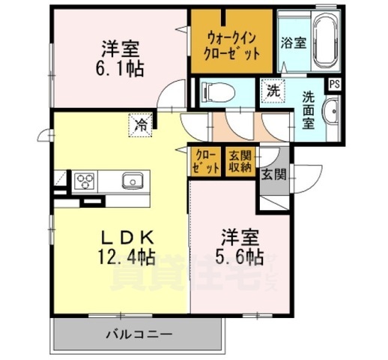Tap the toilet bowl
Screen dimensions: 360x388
(221, 93)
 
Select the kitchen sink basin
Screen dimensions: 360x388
(133, 180)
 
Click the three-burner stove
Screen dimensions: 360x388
(84, 181)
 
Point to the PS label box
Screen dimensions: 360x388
(334, 84)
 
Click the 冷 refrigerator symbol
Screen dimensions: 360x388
(142, 125)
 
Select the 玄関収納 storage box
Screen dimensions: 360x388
(240, 160)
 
